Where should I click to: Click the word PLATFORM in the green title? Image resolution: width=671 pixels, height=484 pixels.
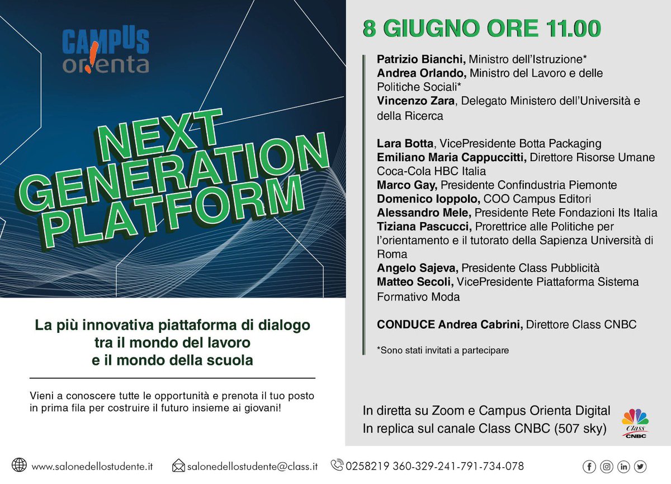(x=173, y=210)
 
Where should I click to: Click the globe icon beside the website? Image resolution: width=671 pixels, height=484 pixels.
(x=20, y=466)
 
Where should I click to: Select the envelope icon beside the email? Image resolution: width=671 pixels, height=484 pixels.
(x=178, y=466)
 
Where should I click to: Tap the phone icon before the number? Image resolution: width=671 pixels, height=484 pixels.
(x=337, y=465)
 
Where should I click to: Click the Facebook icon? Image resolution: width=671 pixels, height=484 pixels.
(x=589, y=466)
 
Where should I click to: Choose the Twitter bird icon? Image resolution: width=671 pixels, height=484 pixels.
(x=640, y=466)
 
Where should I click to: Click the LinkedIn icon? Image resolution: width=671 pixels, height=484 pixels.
(x=623, y=466)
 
